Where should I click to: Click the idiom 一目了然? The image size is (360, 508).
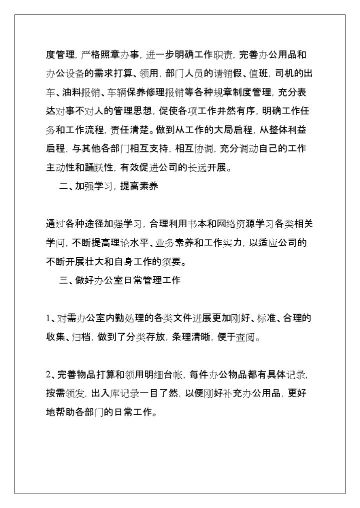[x=161, y=393]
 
